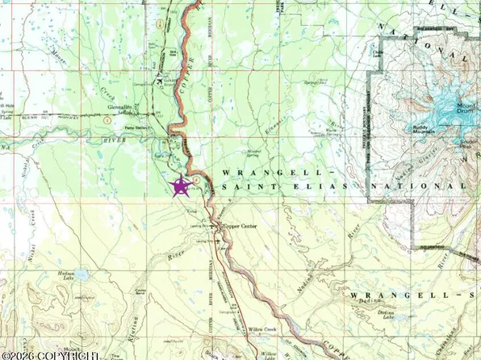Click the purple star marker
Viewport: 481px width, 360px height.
[x=181, y=186]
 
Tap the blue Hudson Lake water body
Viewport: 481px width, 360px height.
[x=80, y=276]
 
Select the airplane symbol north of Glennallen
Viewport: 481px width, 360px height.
[x=165, y=82]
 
